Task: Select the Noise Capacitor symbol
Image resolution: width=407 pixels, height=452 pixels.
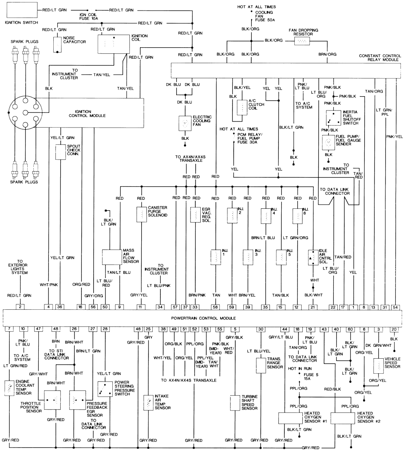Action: [x=57, y=44]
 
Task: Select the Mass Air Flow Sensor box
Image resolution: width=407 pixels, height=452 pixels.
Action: [x=112, y=256]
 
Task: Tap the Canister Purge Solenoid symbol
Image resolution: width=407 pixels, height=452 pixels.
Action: [x=141, y=214]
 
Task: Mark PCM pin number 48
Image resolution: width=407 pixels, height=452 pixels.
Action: [x=55, y=329]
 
